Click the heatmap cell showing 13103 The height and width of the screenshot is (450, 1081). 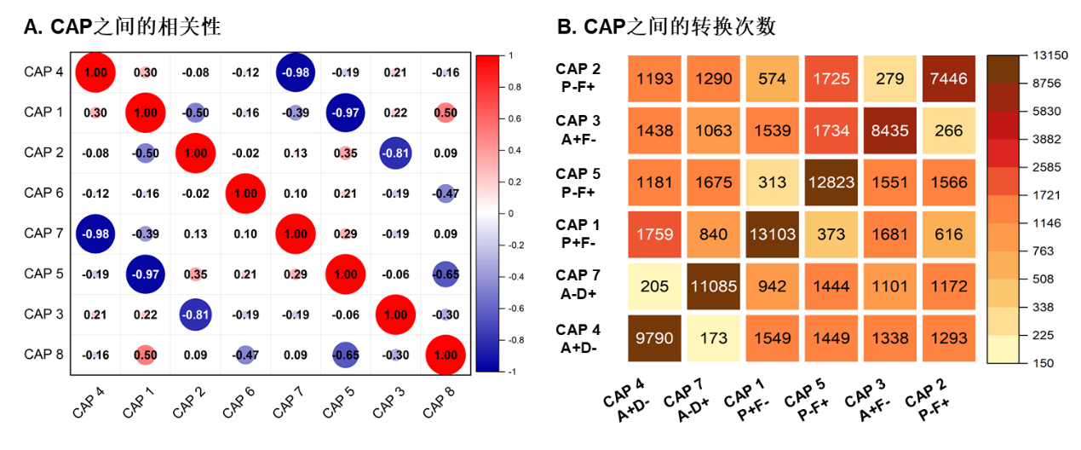click(772, 234)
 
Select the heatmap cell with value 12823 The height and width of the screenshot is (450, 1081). click(831, 182)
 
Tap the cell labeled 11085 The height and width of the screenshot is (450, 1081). click(713, 286)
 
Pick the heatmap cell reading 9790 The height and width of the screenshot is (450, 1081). click(654, 338)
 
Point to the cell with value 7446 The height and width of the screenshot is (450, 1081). click(948, 78)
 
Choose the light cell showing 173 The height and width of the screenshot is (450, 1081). click(713, 338)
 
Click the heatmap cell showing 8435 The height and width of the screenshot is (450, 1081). click(889, 130)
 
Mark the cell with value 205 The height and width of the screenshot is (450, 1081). click(654, 286)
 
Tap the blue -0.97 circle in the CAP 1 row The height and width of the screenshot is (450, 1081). click(345, 112)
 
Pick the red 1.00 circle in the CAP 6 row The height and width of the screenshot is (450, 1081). click(245, 193)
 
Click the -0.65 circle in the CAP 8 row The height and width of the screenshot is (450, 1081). click(345, 355)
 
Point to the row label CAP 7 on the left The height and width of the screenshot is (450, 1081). click(43, 234)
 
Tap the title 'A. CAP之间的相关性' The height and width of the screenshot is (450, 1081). click(123, 27)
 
